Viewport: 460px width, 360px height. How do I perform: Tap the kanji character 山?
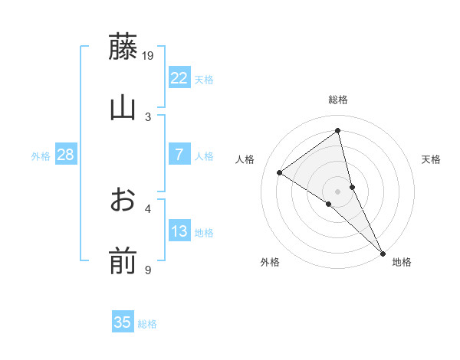point(123,108)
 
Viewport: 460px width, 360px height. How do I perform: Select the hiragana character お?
point(123,200)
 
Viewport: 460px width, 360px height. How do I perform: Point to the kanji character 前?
point(123,261)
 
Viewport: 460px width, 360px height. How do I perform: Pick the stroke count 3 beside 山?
point(148,116)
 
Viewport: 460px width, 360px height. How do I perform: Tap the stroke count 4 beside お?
point(148,208)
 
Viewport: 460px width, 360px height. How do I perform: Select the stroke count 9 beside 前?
point(148,270)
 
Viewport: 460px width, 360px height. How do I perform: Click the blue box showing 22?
point(179,78)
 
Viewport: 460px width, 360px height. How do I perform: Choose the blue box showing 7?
point(179,155)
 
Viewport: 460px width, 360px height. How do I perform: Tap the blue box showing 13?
point(179,231)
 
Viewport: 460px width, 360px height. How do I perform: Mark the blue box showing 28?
point(65,155)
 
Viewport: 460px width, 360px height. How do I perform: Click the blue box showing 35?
point(123,322)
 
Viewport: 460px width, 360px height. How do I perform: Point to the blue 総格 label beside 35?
point(147,324)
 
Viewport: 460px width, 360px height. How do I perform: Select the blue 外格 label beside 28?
point(41,156)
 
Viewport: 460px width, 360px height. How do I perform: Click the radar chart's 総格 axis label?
point(338,100)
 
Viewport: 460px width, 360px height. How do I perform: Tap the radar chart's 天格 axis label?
point(432,159)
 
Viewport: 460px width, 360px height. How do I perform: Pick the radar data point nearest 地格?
point(382,252)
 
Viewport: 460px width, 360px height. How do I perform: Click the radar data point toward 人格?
point(280,172)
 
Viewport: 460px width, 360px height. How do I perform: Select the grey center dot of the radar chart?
point(338,191)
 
